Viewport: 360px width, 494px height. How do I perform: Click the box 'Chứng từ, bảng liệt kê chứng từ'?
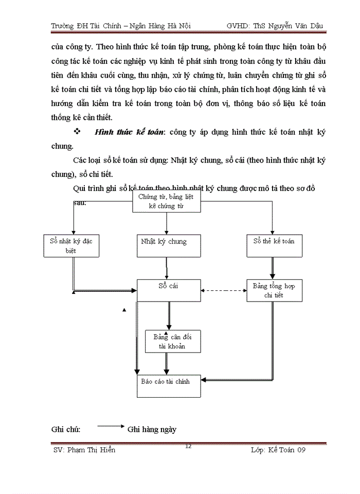point(166,201)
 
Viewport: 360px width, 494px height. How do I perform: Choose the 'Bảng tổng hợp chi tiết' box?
point(274,291)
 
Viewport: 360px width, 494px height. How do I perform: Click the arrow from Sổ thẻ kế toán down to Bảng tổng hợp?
point(273,269)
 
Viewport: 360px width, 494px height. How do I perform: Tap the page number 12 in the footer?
point(188,446)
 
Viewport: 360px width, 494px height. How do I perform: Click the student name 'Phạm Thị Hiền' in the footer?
point(92,450)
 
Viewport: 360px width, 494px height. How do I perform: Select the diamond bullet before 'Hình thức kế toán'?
point(78,132)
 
